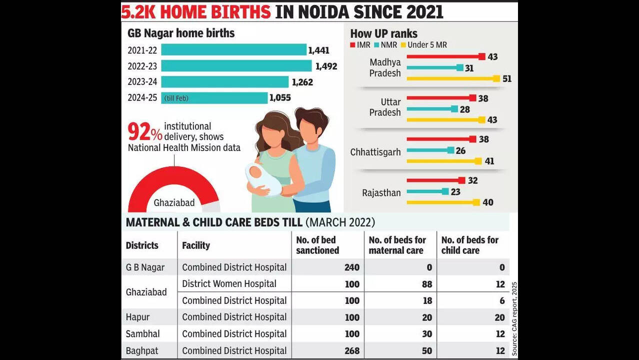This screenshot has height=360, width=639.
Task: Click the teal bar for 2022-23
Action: pos(236,66)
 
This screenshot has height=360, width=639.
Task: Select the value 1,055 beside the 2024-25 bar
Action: pos(280,98)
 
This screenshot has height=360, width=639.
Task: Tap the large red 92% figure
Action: pos(144,132)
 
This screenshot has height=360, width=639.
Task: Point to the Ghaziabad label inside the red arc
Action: pos(174,203)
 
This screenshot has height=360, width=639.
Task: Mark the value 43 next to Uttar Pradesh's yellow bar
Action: pos(493,120)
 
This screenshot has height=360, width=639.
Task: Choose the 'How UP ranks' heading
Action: pos(383,34)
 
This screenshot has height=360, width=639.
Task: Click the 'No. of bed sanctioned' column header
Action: pos(318,245)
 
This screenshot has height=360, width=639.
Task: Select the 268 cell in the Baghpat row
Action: pos(351,351)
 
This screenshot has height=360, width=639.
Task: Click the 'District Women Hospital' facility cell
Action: pos(229,284)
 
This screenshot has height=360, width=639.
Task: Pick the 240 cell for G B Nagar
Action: pos(351,267)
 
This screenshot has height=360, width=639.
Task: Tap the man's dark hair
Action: pos(311,117)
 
